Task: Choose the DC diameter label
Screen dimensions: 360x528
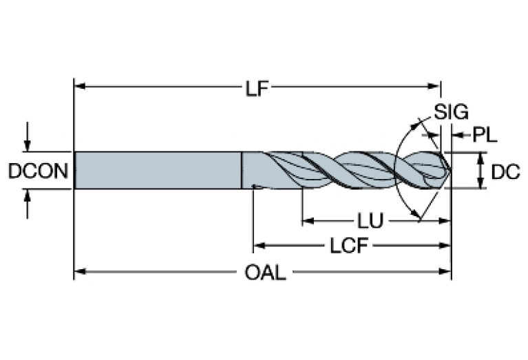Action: tap(505, 171)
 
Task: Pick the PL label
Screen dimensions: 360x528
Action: tap(485, 135)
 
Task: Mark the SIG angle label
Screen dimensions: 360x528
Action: tap(451, 112)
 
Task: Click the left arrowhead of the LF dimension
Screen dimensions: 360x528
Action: tap(78, 87)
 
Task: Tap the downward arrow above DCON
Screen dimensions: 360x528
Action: tap(27, 146)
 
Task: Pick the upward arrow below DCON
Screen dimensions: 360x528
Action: tap(27, 194)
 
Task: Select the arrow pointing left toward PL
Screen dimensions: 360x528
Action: tap(456, 135)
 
